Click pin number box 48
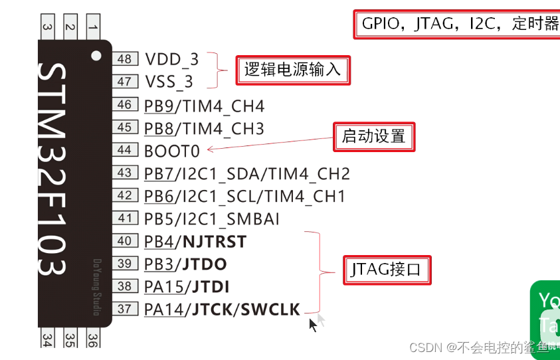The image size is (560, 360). pos(124,59)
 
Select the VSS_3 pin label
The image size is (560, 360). pos(169,82)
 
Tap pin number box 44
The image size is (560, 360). pos(124,150)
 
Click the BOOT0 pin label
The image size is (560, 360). pos(172,151)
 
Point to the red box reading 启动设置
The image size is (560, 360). pos(374,137)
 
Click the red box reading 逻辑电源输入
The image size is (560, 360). pos(292,69)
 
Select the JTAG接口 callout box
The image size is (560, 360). pos(387,270)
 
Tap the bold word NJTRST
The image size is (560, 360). pos(213,242)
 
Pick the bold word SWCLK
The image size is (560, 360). pos(270,309)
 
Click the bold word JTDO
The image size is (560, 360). pos(203,264)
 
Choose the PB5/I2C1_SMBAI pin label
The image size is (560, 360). pos(211,219)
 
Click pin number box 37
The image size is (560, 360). pos(124,309)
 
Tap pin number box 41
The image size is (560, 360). pos(124,219)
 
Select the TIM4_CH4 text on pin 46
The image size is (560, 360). pos(223,106)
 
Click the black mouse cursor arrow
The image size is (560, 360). pos(313,325)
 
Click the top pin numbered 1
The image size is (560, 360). pos(92,27)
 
